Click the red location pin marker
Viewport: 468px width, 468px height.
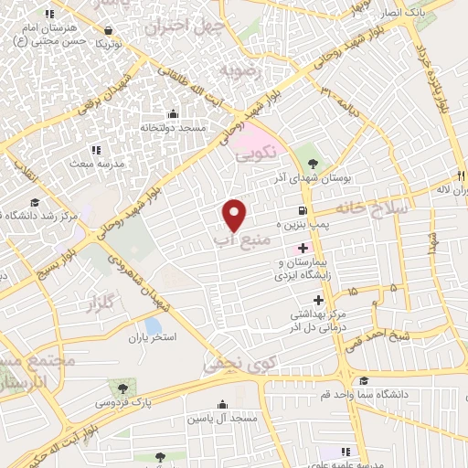click(235, 214)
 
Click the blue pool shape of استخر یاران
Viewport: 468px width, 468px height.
click(153, 325)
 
